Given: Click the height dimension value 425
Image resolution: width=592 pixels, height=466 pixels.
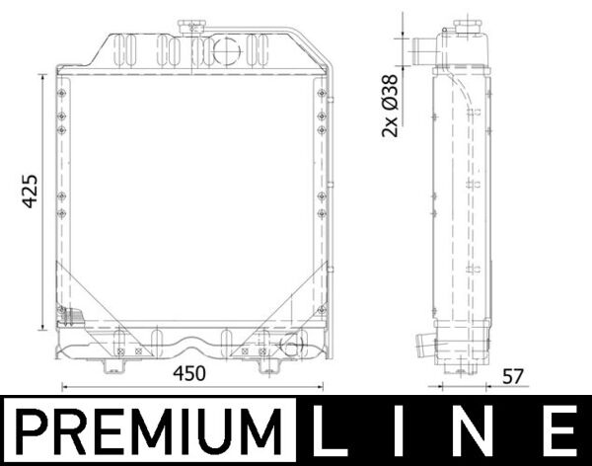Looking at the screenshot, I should coord(29,190).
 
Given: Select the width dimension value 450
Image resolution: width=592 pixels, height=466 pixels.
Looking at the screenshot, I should coord(189,373).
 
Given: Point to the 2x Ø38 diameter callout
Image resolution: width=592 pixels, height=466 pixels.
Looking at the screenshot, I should coord(391,105).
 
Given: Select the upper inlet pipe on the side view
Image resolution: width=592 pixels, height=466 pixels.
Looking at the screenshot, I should coord(422,48).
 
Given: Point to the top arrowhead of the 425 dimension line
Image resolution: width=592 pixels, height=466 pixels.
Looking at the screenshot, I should coord(42,80).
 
